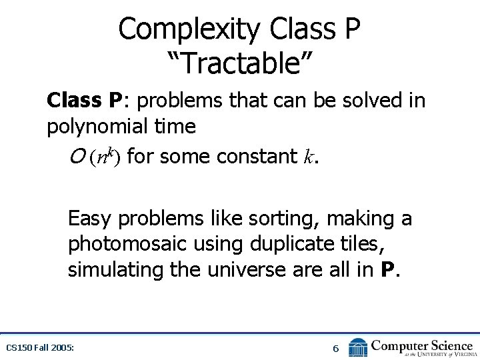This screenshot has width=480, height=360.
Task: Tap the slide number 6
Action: [x=336, y=348]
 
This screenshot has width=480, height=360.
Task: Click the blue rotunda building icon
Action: [x=358, y=347]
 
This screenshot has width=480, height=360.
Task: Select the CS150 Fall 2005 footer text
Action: [x=39, y=347]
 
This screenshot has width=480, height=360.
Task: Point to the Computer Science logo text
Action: [x=421, y=345]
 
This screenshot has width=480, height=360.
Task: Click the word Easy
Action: [x=89, y=218]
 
